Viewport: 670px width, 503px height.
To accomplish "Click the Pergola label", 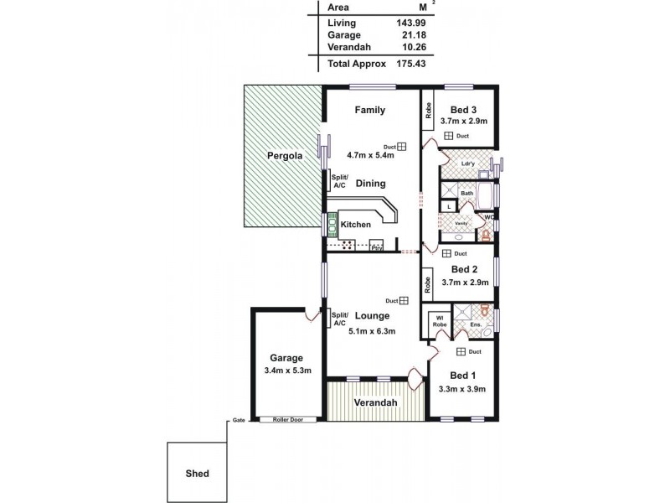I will click(x=283, y=156).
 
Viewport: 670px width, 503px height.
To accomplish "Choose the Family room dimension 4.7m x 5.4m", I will click(x=369, y=155).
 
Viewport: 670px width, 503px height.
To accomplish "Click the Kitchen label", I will click(x=355, y=225).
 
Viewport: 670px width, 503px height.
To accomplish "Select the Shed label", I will click(x=197, y=474).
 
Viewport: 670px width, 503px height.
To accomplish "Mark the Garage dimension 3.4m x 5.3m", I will click(x=286, y=371).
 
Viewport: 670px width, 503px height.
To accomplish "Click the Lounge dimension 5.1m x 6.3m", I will click(x=372, y=331).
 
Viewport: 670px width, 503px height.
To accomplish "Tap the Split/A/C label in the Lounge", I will click(x=339, y=319).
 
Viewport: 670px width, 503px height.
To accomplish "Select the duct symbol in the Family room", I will click(x=402, y=145).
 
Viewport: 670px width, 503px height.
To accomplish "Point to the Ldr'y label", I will click(x=469, y=163).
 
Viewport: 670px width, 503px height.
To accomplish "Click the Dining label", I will click(x=370, y=184).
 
